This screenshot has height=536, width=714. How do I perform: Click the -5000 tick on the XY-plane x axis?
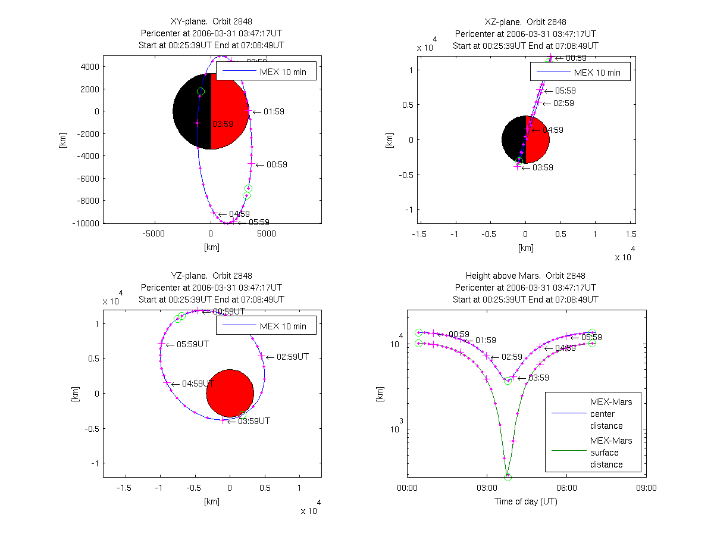tap(154, 234)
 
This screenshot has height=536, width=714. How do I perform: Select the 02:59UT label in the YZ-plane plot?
tap(292, 357)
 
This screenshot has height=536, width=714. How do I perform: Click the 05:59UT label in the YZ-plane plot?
tap(190, 344)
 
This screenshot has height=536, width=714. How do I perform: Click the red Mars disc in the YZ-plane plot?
tap(230, 393)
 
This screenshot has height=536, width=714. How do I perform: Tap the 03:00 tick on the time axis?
tap(487, 488)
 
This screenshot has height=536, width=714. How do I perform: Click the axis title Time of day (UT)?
tap(526, 501)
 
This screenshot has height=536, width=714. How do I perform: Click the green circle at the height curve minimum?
tap(508, 477)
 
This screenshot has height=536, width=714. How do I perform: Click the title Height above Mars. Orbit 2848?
tap(526, 276)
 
